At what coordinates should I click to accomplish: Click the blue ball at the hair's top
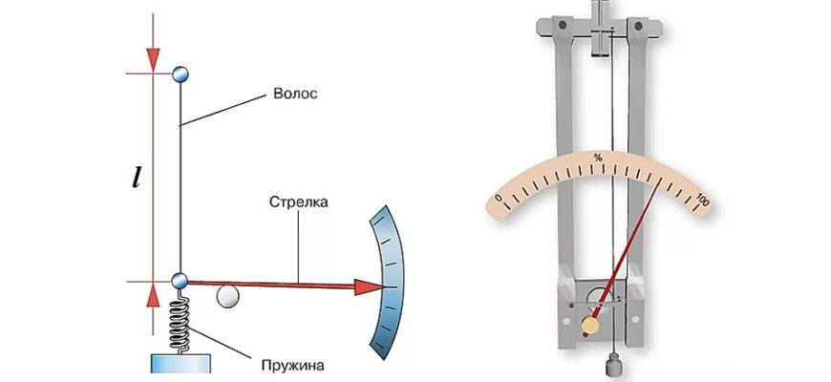[180, 74]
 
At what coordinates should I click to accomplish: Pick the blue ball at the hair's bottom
[180, 282]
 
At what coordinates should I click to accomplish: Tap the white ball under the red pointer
[226, 297]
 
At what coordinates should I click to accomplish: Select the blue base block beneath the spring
[179, 366]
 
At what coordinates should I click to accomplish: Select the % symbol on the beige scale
[598, 157]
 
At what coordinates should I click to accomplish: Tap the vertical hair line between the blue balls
[180, 181]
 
